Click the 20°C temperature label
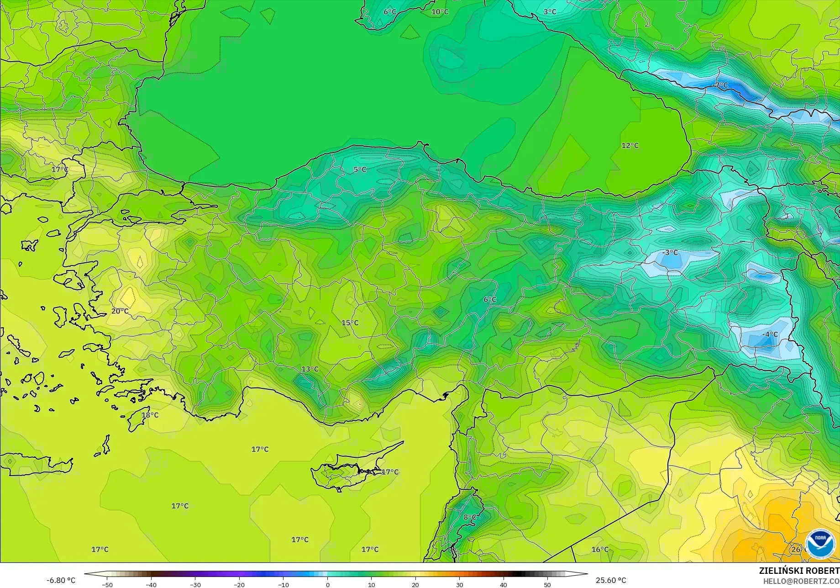[120, 311]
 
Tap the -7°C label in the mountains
[720, 85]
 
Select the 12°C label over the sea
[630, 146]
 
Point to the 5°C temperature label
[360, 170]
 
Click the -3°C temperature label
[670, 253]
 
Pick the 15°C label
[350, 323]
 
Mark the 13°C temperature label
[310, 369]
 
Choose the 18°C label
[150, 415]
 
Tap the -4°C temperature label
[770, 334]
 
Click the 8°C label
[470, 517]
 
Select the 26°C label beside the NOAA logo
[797, 550]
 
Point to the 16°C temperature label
[600, 550]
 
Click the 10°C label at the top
[440, 12]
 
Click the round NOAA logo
[820, 543]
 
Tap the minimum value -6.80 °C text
[61, 580]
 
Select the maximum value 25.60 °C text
[611, 580]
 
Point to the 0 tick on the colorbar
[327, 585]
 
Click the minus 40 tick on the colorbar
[151, 585]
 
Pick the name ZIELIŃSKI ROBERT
[799, 571]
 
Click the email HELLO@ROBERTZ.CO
[801, 581]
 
